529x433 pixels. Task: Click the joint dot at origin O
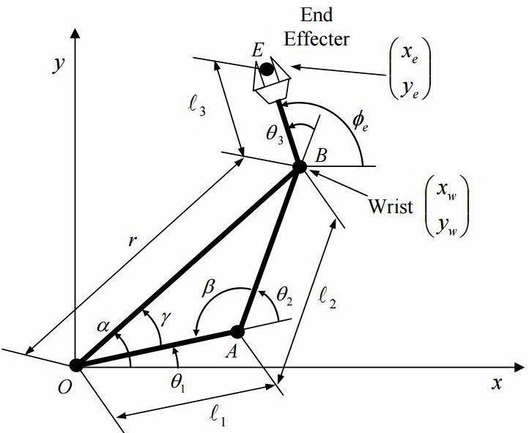[x=75, y=364]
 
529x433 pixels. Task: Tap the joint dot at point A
[x=237, y=331]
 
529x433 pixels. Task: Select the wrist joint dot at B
[x=299, y=167]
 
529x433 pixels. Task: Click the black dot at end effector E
[x=267, y=70]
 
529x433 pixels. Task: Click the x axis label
[x=496, y=383]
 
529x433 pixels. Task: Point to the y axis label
[x=56, y=64]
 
